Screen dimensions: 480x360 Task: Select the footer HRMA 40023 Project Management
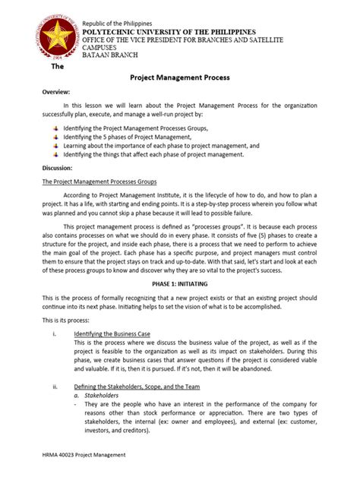click(84, 454)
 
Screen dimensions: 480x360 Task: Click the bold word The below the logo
click(56, 66)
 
